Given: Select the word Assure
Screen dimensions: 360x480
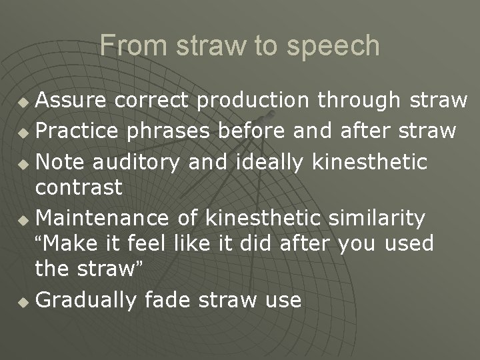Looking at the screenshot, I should point(72,100).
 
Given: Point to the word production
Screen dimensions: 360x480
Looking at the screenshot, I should point(253,100).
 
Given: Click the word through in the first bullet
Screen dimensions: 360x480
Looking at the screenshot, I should point(359,101).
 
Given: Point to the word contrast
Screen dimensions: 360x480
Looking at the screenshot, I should point(79,188).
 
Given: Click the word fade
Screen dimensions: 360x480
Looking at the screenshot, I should point(163,300).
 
